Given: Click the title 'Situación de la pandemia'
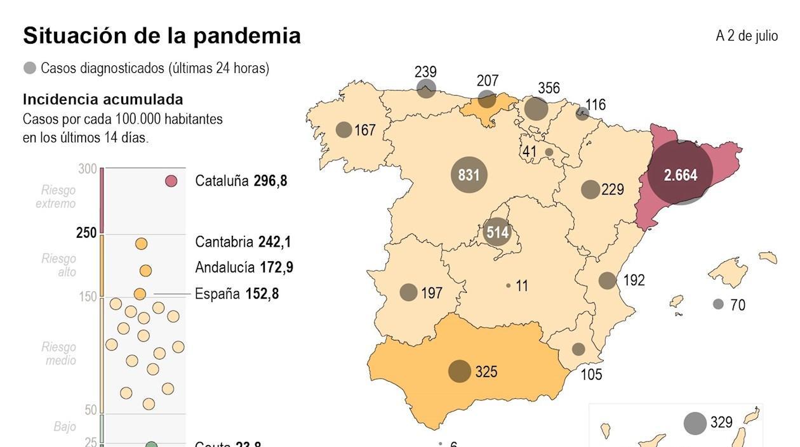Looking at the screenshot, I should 161,36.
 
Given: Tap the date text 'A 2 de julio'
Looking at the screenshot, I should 747,36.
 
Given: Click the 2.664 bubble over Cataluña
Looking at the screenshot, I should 681,174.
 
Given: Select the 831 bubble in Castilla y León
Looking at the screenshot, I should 469,174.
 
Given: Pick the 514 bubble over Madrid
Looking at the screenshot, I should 497,232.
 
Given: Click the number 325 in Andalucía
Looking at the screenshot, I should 486,372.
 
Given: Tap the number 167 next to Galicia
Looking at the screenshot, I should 365,130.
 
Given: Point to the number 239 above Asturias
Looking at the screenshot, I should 425,72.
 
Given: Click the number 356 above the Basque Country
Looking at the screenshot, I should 549,88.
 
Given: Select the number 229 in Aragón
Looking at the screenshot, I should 612,189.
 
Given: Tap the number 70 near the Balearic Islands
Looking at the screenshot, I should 737,305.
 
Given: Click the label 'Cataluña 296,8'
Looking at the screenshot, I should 241,181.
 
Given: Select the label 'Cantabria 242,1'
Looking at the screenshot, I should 243,242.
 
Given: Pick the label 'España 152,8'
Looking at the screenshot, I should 236,294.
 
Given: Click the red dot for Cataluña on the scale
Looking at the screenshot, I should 171,181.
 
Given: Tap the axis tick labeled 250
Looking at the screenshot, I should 86,233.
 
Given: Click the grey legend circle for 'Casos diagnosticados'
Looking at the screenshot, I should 30,68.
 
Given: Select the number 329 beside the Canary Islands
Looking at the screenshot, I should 721,422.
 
